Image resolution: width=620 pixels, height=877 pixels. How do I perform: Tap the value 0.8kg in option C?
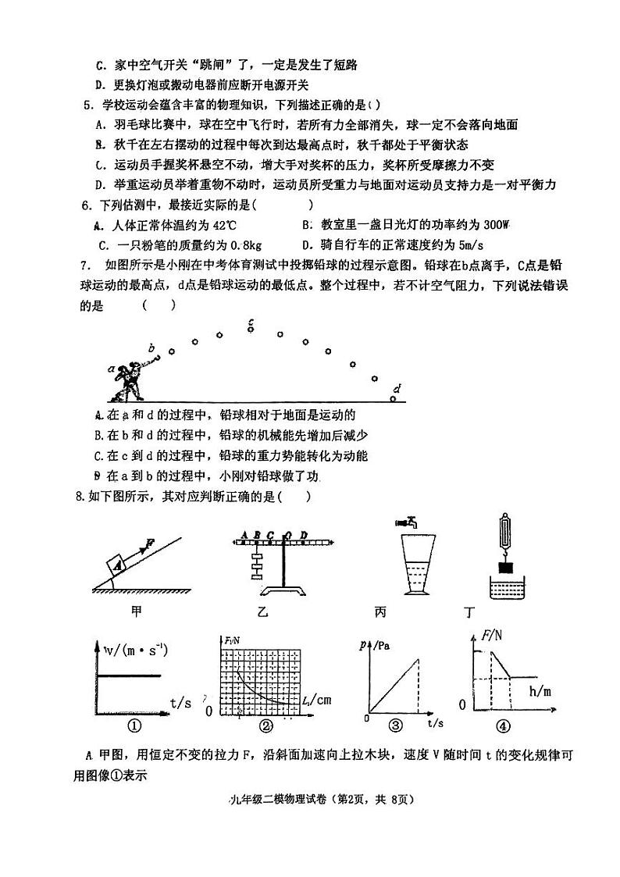[239, 244]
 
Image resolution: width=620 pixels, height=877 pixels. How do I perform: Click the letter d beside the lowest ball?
[398, 388]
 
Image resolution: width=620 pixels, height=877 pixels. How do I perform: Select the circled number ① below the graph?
[134, 726]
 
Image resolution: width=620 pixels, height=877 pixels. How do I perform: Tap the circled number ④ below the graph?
[503, 726]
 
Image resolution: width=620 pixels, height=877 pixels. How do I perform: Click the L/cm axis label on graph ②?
[317, 700]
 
